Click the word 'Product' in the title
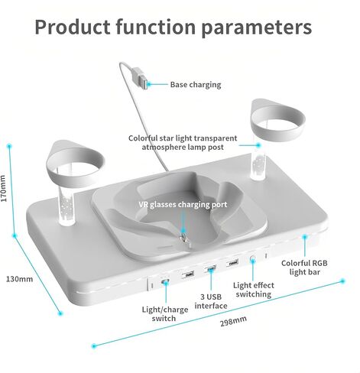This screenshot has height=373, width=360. pos(73,27)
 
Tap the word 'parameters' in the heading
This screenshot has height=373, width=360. pos(257,28)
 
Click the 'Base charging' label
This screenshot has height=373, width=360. pos(196,85)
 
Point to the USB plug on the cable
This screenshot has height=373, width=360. pos(140,78)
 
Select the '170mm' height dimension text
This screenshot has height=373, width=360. pos(3,188)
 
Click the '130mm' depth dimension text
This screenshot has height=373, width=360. pos(19,279)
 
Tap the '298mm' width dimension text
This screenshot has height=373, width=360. pos(233,321)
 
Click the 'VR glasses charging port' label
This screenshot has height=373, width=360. pos(183,205)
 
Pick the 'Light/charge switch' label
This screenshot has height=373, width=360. pos(165,314)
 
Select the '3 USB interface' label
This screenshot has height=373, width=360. pos(211,301)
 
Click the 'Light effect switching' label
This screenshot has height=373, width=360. pos(254,290)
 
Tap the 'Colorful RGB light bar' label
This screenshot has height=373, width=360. pos(304,268)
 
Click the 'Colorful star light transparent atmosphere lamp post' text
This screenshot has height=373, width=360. pos(183,143)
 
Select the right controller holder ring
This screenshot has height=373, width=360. pos(277,125)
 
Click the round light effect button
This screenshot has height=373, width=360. pos(252,259)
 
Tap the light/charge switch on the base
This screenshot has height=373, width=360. pos(165,282)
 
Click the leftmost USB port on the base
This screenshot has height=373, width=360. pos(188,274)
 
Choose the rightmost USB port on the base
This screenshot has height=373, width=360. pos(232,262)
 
